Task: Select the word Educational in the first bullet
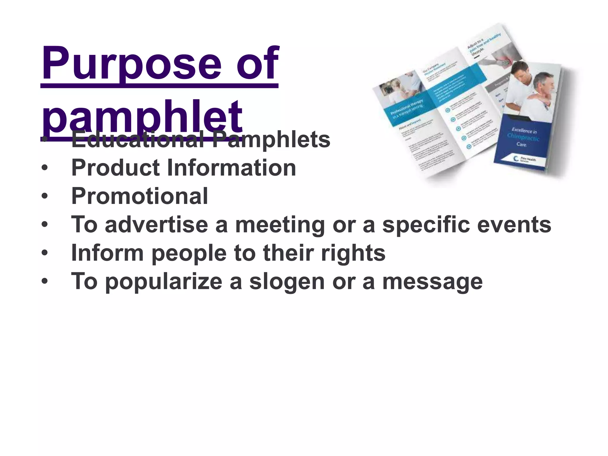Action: click(x=138, y=140)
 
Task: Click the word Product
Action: click(x=116, y=168)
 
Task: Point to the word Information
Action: click(x=232, y=168)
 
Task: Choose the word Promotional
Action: click(x=140, y=196)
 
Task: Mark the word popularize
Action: click(x=164, y=281)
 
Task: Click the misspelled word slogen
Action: click(x=287, y=281)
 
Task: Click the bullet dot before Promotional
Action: click(x=45, y=196)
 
